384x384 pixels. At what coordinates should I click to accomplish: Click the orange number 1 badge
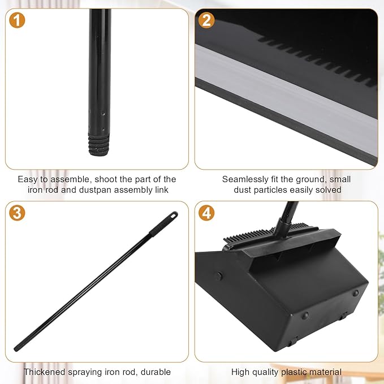tap(18, 20)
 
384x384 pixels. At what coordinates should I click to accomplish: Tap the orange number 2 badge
tap(207, 20)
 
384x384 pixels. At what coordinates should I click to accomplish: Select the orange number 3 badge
tap(18, 213)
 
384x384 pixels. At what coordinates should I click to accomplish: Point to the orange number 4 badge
tap(207, 213)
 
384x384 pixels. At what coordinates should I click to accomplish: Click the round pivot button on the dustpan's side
tap(219, 277)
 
